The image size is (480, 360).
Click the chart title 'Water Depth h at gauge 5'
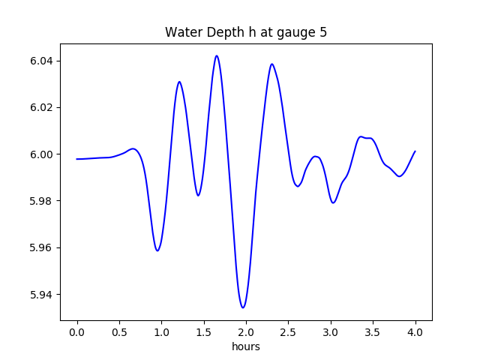point(246,33)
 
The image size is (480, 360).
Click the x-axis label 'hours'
point(246,347)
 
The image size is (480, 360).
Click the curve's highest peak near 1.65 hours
point(217,55)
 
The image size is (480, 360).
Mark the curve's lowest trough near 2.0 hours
point(243,307)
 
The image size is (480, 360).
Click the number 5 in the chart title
point(323,33)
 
